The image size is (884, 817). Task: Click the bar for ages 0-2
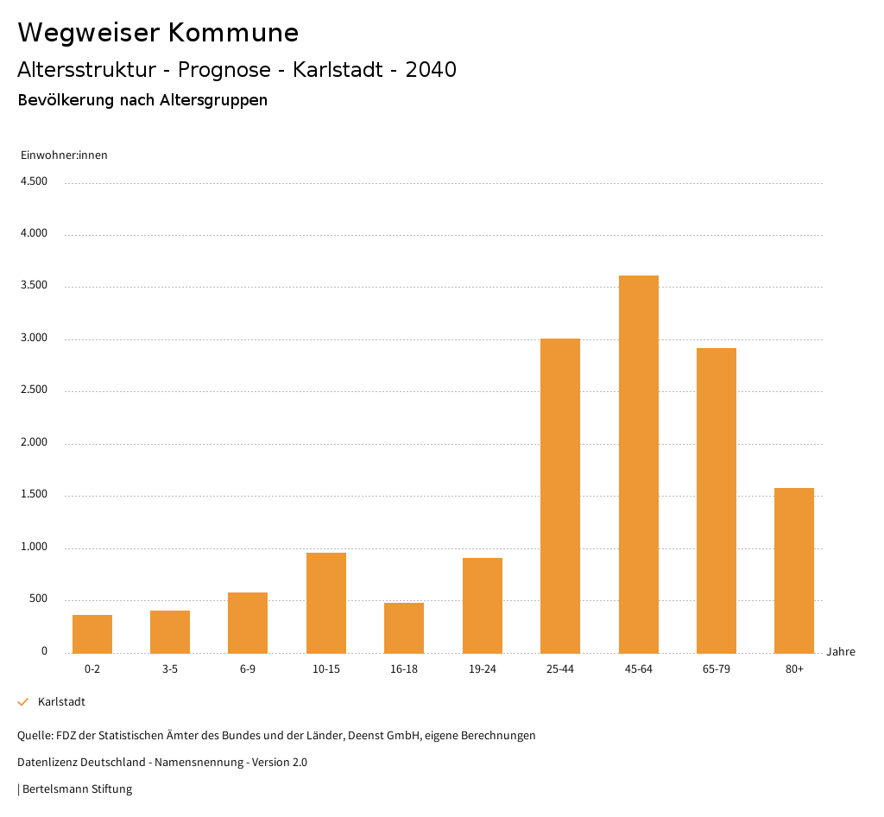pos(92,634)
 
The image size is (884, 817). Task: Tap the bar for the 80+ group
pos(794,570)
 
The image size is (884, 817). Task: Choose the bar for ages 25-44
pos(560,496)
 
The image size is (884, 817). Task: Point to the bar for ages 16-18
pos(404,628)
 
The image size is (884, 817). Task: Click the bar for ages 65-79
pos(717,500)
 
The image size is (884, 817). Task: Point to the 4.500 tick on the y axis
pos(35,181)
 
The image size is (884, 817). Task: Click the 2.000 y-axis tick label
pos(35,443)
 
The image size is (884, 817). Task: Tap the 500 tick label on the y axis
pos(38,599)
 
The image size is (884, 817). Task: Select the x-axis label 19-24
pos(483,669)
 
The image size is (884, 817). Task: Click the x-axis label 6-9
pos(248,669)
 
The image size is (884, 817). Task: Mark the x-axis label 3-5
pos(170,669)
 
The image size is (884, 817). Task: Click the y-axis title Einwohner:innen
pos(64,155)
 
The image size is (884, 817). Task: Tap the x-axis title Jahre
pos(841,652)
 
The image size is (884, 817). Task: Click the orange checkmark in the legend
pos(23,702)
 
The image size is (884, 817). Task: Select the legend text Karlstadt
pos(61,702)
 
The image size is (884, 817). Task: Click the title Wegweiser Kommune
pos(158,33)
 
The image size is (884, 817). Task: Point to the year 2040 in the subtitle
pos(431,70)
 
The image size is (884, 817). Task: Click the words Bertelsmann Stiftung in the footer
pos(78,788)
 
